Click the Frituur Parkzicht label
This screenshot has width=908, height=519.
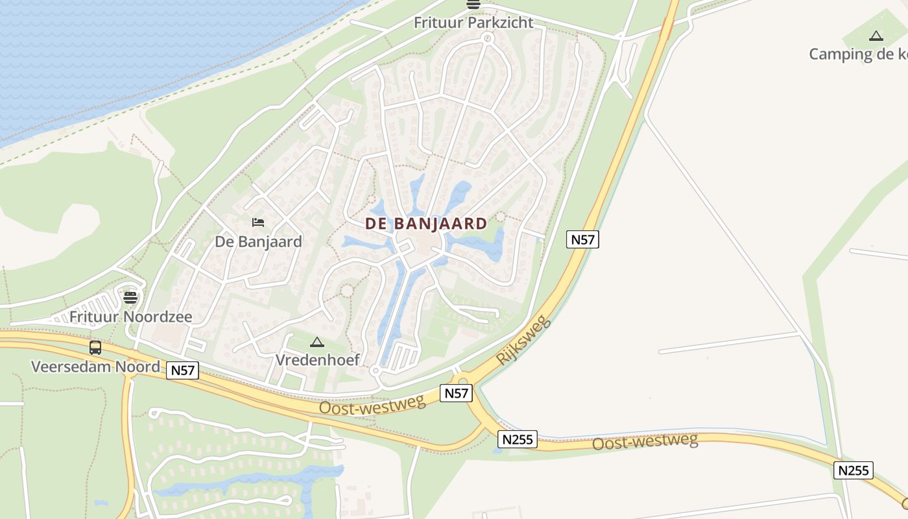473,23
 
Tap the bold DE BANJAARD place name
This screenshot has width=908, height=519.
426,224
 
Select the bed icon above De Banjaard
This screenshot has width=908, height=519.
258,223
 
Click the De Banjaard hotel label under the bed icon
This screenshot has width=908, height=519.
258,242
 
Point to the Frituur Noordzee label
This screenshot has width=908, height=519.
130,317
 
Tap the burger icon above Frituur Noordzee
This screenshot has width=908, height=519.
130,298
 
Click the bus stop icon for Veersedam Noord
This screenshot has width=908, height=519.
95,348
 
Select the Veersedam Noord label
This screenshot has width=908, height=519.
95,367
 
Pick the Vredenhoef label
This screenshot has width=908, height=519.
318,359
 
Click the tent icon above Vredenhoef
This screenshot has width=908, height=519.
317,342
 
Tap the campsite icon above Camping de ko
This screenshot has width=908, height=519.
876,36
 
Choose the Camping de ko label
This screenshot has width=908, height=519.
857,54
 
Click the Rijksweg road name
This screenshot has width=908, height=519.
523,341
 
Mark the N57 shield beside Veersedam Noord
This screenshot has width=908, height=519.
183,370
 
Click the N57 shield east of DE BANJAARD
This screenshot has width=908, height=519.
582,239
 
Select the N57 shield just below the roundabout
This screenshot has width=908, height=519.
456,393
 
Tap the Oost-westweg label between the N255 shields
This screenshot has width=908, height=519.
645,442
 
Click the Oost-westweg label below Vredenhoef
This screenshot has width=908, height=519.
372,405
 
